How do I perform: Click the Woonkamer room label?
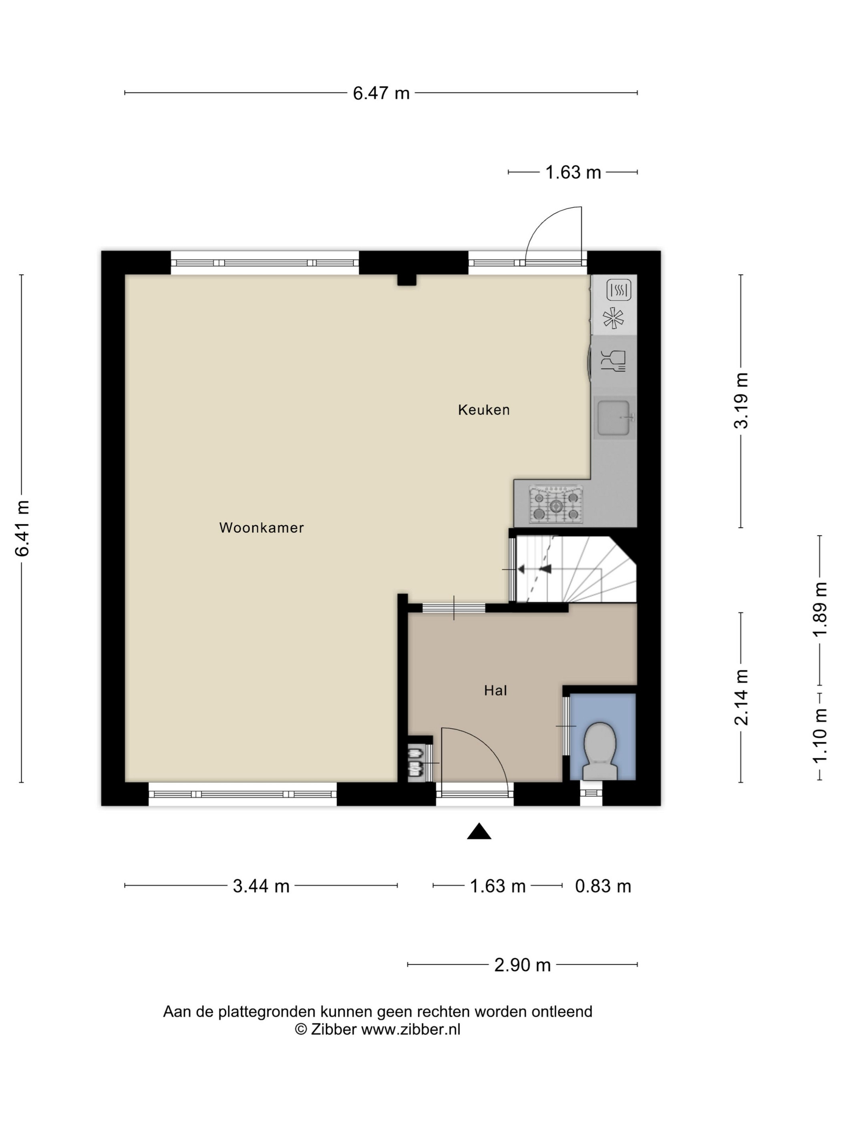point(261,528)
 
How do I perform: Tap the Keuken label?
point(484,410)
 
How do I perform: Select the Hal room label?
point(495,690)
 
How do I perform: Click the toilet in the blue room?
point(600,751)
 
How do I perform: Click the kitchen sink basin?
point(614,418)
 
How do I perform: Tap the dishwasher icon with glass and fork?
point(614,361)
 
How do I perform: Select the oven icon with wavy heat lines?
point(618,290)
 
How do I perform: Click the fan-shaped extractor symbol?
point(614,318)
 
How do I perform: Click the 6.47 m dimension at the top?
point(381,93)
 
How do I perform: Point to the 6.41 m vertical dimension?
point(22,528)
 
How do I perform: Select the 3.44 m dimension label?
point(261,886)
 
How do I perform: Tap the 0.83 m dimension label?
point(603,886)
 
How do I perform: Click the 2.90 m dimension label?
point(523,965)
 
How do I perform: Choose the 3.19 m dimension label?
point(742,400)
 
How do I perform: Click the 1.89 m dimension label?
point(820,609)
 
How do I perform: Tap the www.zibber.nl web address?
point(410,1029)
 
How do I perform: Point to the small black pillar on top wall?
point(406,280)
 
